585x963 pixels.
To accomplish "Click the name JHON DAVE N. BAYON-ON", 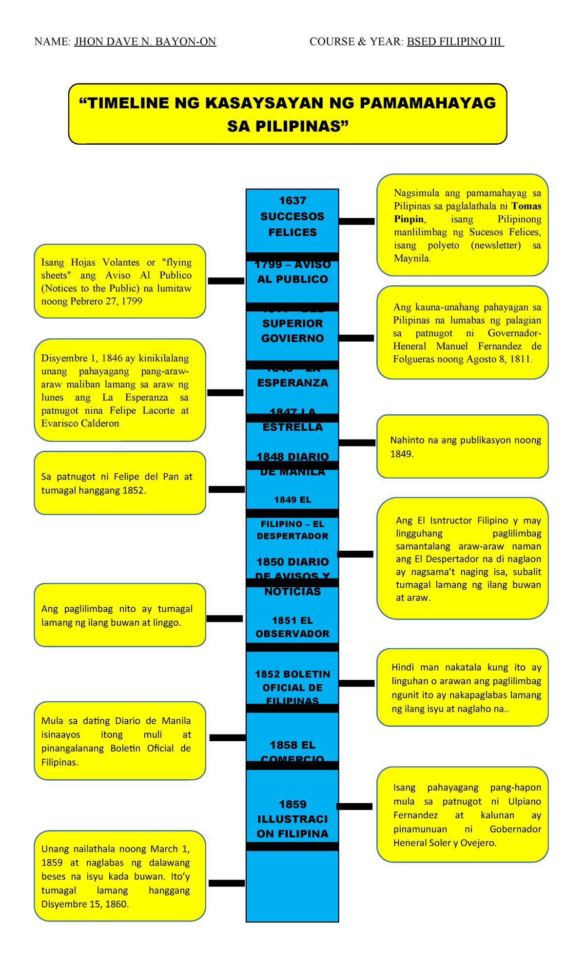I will [145, 42].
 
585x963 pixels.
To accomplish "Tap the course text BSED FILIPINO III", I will [454, 42].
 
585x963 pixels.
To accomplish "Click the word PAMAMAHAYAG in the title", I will [428, 103].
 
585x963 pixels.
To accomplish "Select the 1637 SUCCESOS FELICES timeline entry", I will [292, 216].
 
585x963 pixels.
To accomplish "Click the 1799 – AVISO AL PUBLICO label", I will [292, 272].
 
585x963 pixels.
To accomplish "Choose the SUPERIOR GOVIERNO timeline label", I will [292, 331].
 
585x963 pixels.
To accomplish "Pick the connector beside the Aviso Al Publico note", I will [226, 281].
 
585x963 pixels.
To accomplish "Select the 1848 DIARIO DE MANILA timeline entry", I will [292, 463].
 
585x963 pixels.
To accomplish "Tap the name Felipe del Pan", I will [139, 477].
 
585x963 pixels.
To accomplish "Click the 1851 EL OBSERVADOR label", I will [292, 627].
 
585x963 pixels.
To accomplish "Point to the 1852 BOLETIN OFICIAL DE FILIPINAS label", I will [292, 687].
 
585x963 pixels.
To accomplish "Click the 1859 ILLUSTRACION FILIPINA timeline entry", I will [292, 819].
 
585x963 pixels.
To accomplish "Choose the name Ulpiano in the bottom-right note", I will [525, 802].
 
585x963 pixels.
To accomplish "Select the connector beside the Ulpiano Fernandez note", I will [354, 807].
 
